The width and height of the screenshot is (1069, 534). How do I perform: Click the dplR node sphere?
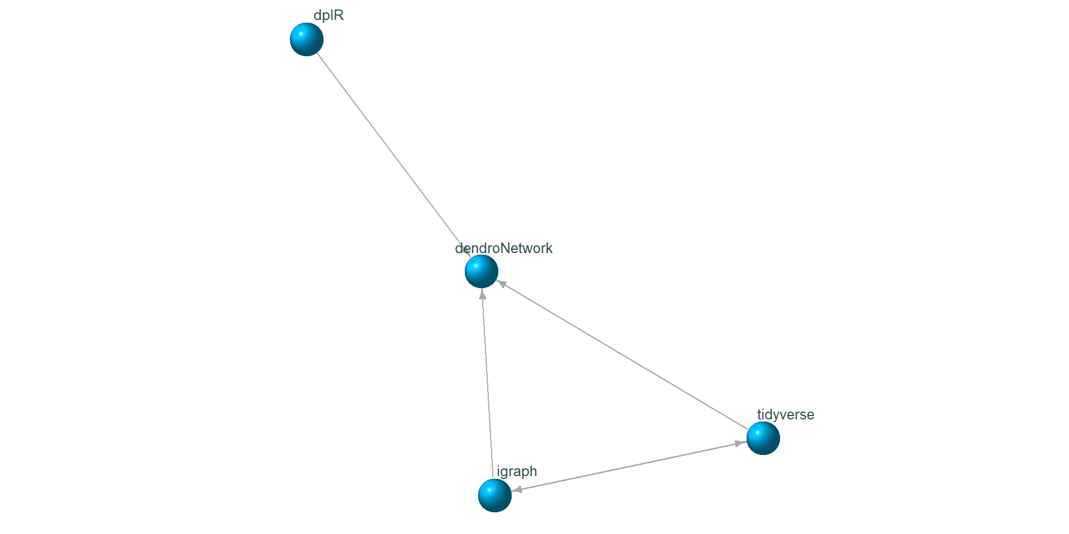point(307,39)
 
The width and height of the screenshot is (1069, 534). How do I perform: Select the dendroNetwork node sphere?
point(482,271)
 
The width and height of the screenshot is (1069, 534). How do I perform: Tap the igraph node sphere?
point(495,495)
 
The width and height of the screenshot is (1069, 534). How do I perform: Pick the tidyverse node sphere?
point(763,438)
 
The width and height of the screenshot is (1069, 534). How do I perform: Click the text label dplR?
point(328,16)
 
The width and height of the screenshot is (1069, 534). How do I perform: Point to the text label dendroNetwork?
point(503,248)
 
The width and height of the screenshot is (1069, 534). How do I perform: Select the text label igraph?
point(517,472)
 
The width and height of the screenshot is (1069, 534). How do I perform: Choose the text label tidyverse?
point(786,415)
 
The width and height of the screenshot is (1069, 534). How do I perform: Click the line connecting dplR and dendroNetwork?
point(390,150)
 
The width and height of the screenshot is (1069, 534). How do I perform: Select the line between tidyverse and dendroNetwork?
point(624,356)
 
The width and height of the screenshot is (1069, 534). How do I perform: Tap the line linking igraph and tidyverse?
point(629,466)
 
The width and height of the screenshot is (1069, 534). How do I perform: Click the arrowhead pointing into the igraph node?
point(517,490)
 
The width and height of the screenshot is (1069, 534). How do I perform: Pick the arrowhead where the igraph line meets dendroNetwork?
point(483,294)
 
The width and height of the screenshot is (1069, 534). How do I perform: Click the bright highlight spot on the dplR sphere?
point(302,34)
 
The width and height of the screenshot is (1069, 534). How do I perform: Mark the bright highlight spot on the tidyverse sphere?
point(758,433)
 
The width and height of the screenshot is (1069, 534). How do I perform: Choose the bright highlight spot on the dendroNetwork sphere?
point(477,266)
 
